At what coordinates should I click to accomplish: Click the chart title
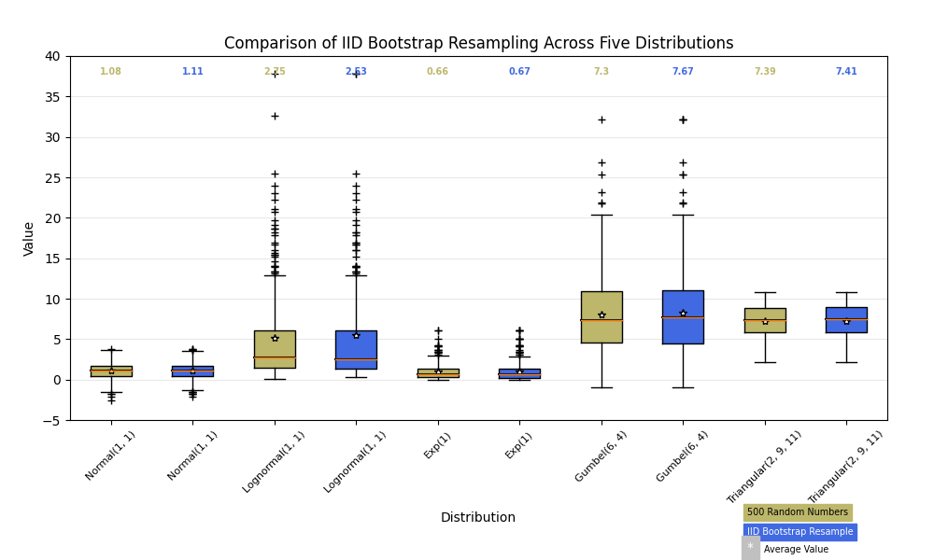pyautogui.click(x=478, y=44)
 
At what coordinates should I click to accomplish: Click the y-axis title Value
pyautogui.click(x=29, y=238)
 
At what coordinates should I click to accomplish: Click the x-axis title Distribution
pyautogui.click(x=478, y=517)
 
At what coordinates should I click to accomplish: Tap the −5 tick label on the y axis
pyautogui.click(x=49, y=421)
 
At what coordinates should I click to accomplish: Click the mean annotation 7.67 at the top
pyautogui.click(x=683, y=72)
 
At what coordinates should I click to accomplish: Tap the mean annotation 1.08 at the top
pyautogui.click(x=111, y=72)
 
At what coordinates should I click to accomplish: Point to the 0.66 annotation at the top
pyautogui.click(x=437, y=72)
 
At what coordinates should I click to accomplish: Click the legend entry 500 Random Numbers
pyautogui.click(x=798, y=512)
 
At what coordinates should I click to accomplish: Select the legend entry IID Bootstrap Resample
pyautogui.click(x=800, y=532)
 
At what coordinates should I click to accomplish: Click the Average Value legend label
pyautogui.click(x=796, y=550)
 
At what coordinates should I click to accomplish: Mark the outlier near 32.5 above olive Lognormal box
pyautogui.click(x=275, y=116)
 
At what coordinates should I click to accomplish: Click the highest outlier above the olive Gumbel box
pyautogui.click(x=601, y=119)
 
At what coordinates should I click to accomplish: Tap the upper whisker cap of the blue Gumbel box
pyautogui.click(x=683, y=215)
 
